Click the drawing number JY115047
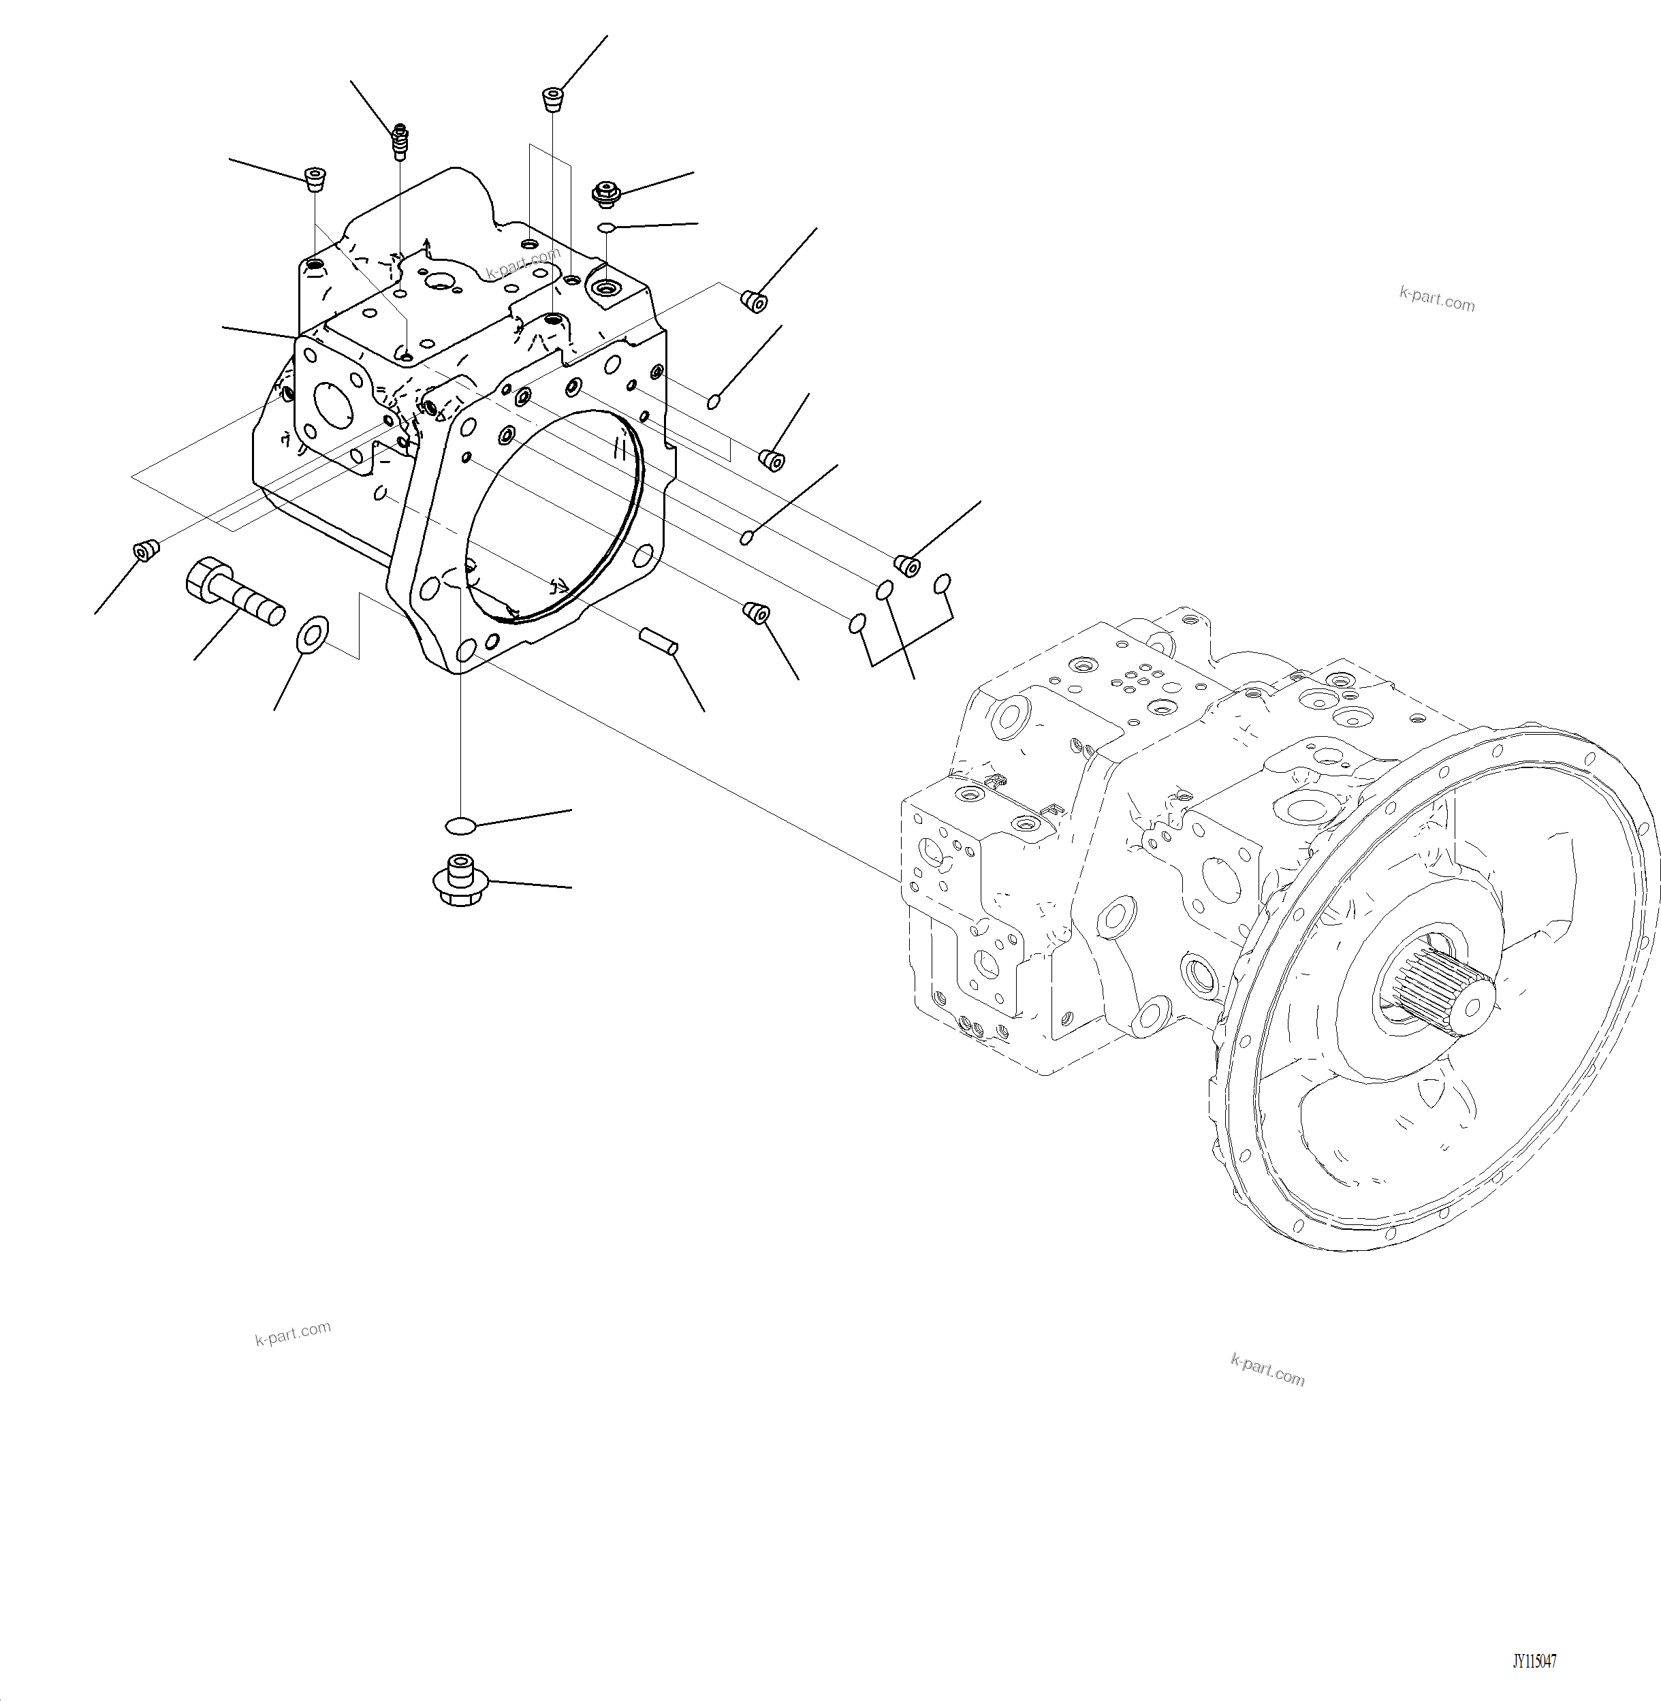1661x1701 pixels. click(x=1534, y=1662)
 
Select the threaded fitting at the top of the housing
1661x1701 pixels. click(x=400, y=142)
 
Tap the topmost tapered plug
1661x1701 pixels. click(x=552, y=99)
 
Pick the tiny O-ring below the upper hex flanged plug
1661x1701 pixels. click(x=606, y=229)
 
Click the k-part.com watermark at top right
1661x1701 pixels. click(x=1436, y=299)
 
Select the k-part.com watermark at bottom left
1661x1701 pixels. click(x=292, y=1333)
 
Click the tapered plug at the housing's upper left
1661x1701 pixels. click(x=314, y=180)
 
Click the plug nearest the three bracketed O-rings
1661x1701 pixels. click(x=907, y=565)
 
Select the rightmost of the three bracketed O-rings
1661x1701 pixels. click(x=941, y=583)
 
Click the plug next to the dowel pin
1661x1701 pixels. click(x=755, y=614)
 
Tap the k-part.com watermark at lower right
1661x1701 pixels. click(x=1267, y=1369)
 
